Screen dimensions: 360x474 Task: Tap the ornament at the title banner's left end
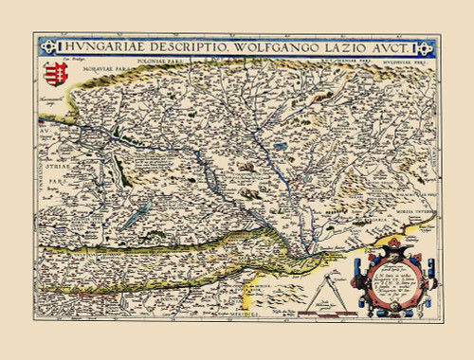tap(48, 45)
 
